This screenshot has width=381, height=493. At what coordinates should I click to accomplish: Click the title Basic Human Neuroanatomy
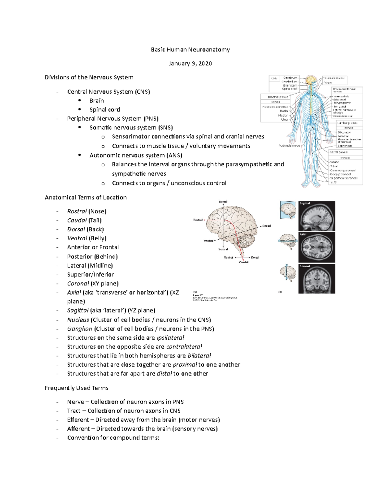click(190, 50)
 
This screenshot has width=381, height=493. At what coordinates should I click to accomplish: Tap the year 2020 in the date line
click(205, 63)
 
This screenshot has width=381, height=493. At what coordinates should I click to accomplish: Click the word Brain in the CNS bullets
click(97, 101)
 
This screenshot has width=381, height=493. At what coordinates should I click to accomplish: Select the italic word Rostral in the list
click(77, 211)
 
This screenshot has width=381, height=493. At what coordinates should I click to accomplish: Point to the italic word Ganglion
click(79, 329)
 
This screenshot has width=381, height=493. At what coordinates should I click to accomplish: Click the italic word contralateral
click(184, 347)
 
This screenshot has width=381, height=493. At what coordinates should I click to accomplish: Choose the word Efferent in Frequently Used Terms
click(78, 420)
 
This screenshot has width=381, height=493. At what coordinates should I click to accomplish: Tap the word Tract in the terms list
click(74, 411)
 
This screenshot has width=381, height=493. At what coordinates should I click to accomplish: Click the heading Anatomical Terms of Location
click(86, 197)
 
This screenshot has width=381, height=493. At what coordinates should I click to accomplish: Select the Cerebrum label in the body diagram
click(290, 78)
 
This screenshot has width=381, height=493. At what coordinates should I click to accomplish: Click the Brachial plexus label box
click(278, 97)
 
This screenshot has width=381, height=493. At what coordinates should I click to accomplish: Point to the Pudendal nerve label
click(289, 146)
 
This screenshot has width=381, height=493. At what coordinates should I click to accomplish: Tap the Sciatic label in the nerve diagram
click(334, 162)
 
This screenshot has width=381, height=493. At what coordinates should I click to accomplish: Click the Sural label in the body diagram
click(333, 182)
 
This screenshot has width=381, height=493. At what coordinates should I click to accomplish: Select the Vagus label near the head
click(328, 83)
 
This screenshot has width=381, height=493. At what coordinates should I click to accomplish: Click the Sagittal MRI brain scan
click(317, 216)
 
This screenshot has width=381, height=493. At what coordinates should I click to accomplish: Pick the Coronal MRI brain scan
click(317, 278)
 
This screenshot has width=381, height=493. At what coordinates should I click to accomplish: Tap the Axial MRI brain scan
click(317, 247)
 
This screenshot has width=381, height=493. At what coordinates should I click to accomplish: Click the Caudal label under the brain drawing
click(244, 262)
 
